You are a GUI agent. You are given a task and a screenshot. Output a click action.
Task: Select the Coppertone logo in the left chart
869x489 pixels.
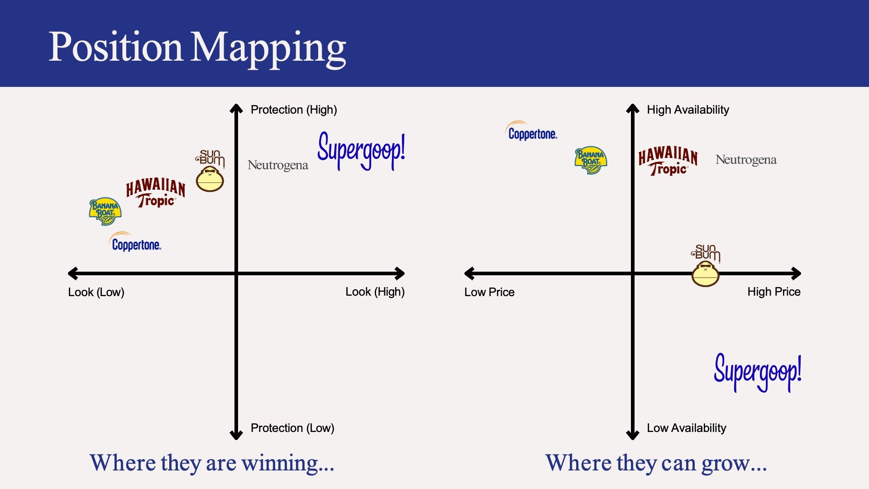[x=136, y=243]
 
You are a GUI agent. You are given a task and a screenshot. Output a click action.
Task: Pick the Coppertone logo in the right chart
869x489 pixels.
[x=532, y=132]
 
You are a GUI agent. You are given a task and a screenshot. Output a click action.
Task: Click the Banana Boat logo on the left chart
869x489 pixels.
[x=105, y=211]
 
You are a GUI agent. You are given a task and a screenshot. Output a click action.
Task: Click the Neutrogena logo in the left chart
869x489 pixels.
[x=278, y=165]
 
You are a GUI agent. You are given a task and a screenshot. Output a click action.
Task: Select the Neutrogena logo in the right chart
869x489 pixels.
[x=746, y=160]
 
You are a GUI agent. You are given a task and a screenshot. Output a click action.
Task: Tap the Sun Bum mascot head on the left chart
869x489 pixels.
[x=210, y=179]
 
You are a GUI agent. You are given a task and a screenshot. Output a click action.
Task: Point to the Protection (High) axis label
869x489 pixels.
[x=294, y=110]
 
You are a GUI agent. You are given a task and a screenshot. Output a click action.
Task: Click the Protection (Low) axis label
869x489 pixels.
[x=292, y=428]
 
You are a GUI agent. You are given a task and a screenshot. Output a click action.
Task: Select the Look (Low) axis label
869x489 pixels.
[x=96, y=292]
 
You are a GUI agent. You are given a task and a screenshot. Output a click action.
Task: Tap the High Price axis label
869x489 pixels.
[x=774, y=292]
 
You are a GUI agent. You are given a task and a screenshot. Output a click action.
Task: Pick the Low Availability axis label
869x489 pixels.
[x=686, y=428]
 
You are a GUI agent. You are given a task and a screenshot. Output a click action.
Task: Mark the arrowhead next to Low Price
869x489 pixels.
[x=469, y=273]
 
